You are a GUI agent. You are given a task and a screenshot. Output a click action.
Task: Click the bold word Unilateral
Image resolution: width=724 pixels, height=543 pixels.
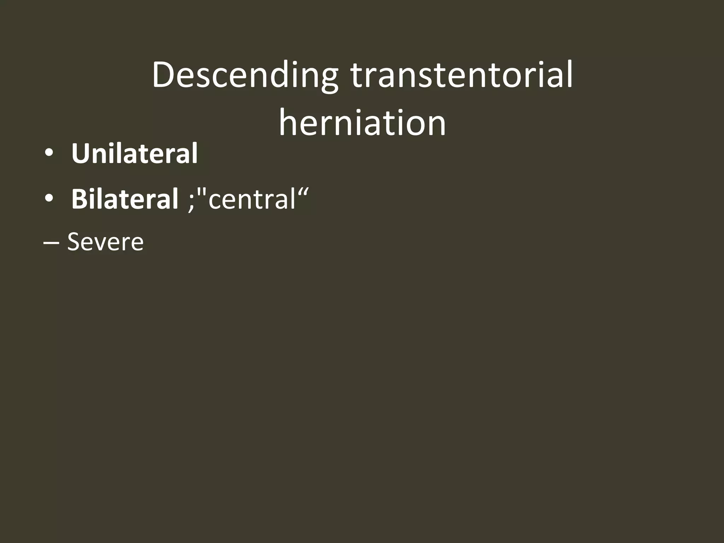coord(134,154)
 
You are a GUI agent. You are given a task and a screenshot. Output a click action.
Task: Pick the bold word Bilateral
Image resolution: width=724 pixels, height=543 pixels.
coord(125,199)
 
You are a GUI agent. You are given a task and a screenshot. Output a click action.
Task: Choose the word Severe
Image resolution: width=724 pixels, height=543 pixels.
coord(105,242)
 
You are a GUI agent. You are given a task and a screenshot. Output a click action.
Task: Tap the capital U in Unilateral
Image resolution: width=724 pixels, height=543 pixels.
coord(81,154)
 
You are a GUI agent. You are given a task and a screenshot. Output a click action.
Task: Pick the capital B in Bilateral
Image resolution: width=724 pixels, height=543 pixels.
coord(80,199)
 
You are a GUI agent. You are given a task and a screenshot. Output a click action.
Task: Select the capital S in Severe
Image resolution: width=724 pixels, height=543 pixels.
coord(75,242)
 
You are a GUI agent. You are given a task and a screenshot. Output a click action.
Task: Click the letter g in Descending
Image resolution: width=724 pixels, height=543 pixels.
coord(326,80)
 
